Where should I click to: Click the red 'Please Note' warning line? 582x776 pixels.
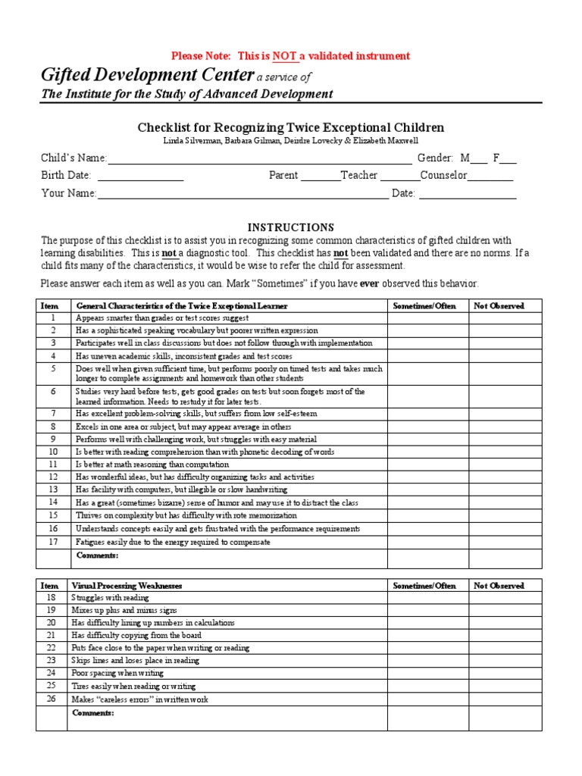(290, 56)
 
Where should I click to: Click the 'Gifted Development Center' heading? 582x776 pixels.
(147, 75)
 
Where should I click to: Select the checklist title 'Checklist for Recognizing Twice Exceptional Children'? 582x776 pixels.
(290, 127)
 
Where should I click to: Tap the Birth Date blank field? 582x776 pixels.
(140, 177)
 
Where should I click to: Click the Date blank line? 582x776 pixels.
(468, 195)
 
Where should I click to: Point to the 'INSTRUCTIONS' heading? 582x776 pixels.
(291, 227)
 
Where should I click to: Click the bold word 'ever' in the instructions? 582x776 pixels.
(369, 283)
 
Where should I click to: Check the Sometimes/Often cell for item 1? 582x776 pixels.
(427, 318)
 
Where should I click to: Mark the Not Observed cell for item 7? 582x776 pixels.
(505, 414)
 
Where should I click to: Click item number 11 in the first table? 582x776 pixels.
(53, 465)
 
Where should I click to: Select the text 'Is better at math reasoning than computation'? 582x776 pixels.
(152, 465)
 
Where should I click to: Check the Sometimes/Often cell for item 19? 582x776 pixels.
(427, 610)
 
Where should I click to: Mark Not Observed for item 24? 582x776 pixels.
(505, 673)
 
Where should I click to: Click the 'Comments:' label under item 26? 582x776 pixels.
(92, 713)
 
